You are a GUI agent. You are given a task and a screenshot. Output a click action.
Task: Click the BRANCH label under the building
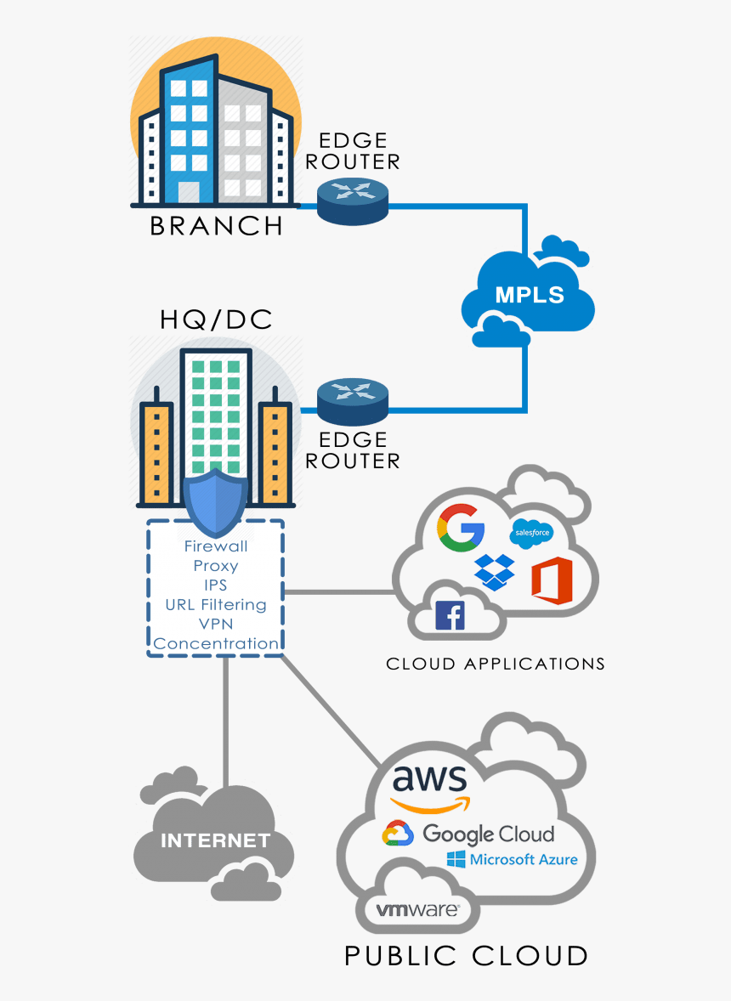[216, 226]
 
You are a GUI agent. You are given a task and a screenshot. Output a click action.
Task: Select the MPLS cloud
[529, 295]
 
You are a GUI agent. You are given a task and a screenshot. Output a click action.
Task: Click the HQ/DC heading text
[216, 320]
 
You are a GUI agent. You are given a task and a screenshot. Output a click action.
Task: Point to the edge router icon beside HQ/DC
[353, 401]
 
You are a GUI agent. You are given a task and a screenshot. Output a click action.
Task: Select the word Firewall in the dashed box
[216, 546]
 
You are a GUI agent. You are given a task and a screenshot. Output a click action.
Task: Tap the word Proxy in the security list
[216, 566]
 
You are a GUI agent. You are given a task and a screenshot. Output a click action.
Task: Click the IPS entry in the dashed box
[216, 585]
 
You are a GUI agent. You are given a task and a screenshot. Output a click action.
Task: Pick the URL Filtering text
[216, 605]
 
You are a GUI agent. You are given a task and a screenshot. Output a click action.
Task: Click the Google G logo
[460, 528]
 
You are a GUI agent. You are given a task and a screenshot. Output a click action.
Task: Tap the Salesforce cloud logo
[531, 534]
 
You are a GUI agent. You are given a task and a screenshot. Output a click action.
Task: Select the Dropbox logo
[495, 571]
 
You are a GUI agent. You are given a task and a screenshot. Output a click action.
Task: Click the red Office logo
[552, 581]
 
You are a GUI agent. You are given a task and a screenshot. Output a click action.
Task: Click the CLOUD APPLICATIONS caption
[496, 664]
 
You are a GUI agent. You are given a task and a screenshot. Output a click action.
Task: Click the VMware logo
[417, 910]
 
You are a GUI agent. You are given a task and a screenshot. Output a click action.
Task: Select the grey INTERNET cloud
[215, 841]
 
